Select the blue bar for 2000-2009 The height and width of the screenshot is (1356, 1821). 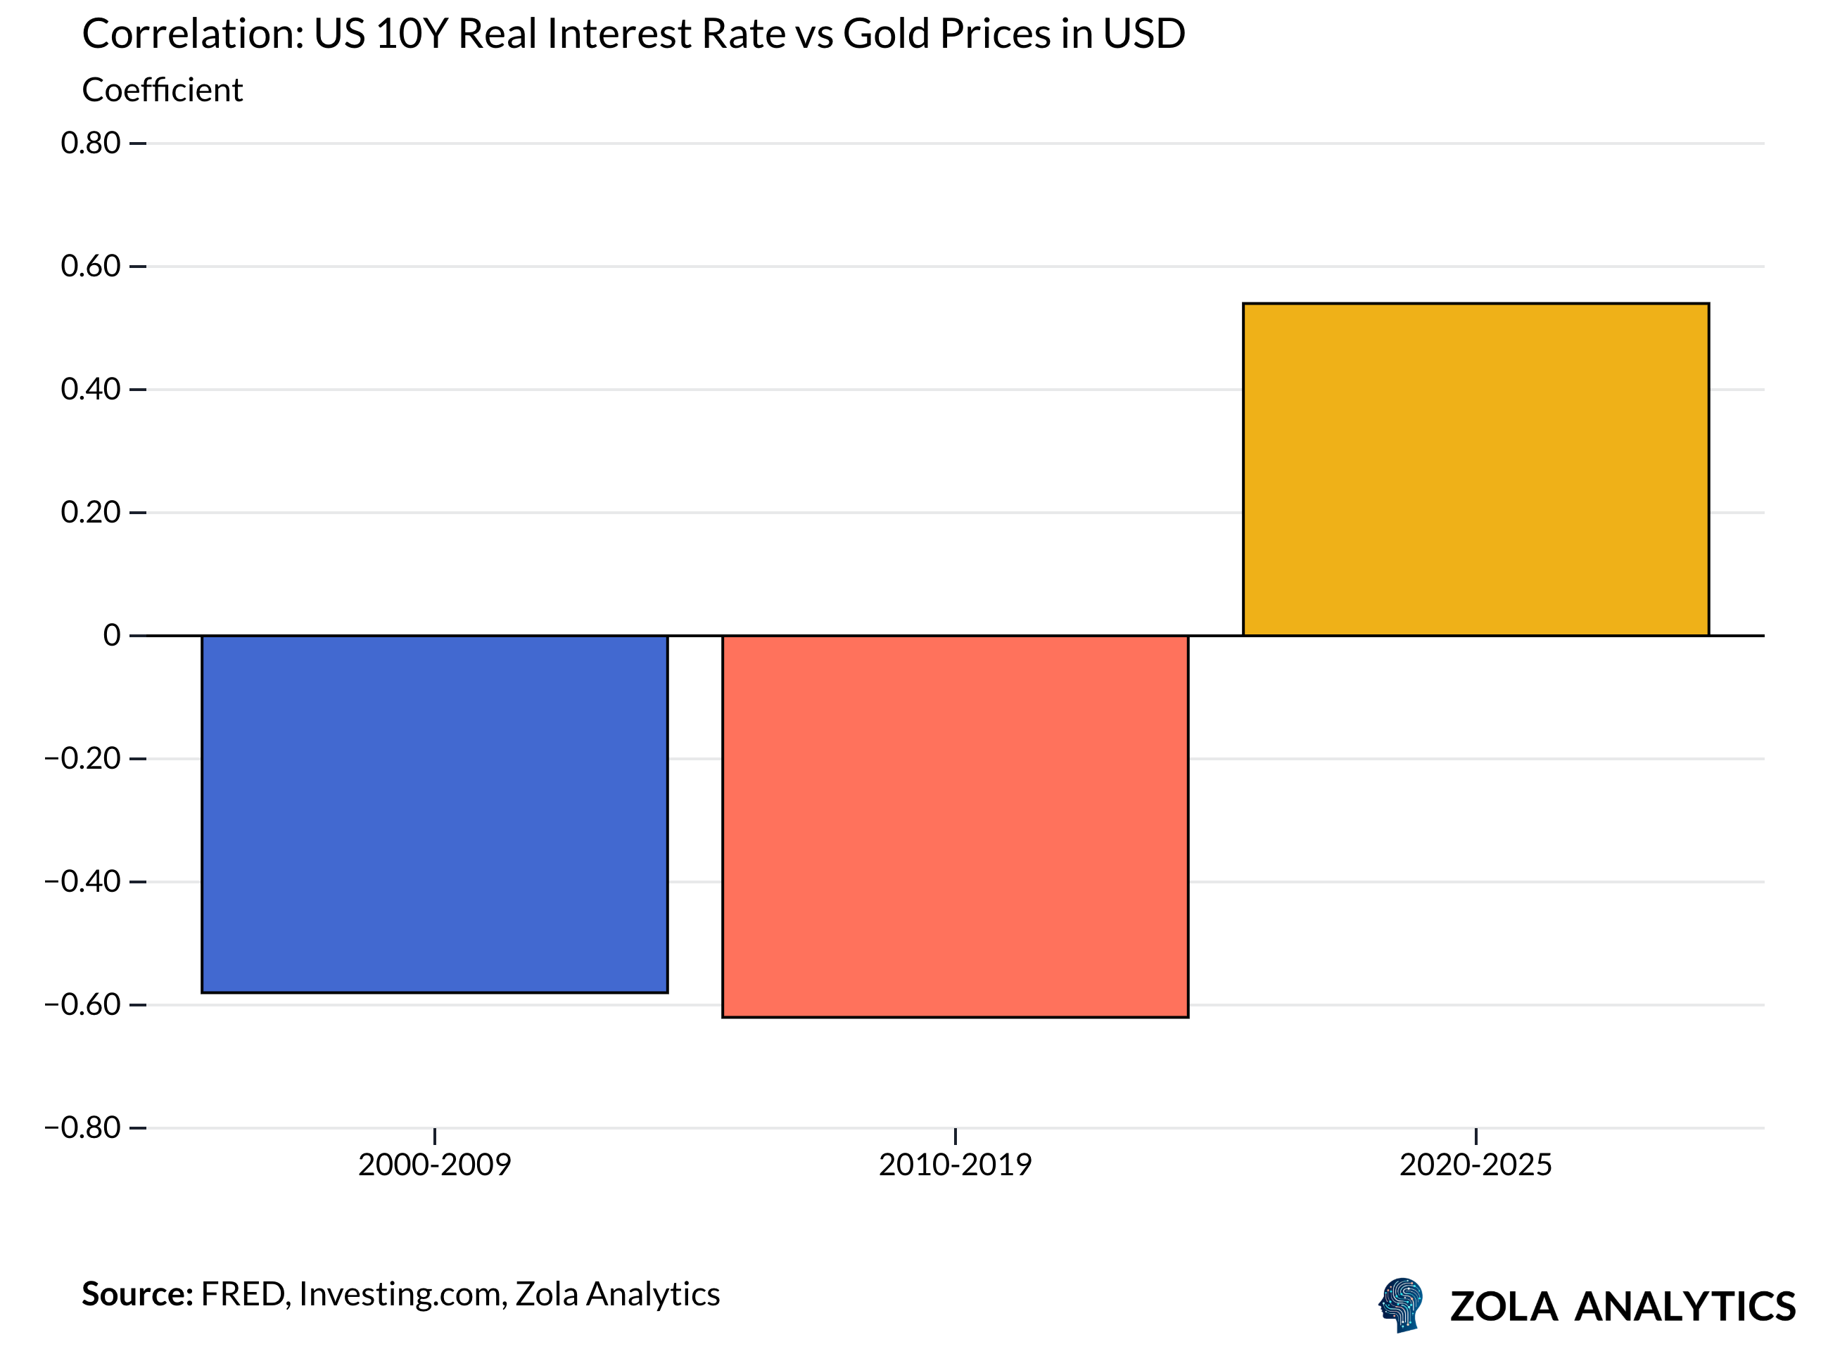point(434,814)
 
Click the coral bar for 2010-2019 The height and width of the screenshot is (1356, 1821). point(955,826)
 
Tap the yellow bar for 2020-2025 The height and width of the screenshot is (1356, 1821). point(1476,470)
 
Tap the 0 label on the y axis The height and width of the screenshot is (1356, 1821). point(112,635)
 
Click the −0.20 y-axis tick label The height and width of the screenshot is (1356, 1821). point(83,758)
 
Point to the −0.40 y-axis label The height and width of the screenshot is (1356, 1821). point(83,881)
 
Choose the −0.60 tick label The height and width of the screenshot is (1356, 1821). point(83,1004)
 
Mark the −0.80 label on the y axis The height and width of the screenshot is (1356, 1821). point(83,1128)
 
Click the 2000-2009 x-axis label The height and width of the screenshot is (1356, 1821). point(434,1165)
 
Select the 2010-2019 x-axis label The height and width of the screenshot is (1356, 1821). point(955,1165)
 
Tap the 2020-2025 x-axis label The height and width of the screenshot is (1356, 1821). point(1476,1165)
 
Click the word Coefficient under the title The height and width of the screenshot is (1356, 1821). point(163,90)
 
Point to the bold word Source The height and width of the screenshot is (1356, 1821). point(137,1294)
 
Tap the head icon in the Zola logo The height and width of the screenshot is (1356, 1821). point(1401,1304)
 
